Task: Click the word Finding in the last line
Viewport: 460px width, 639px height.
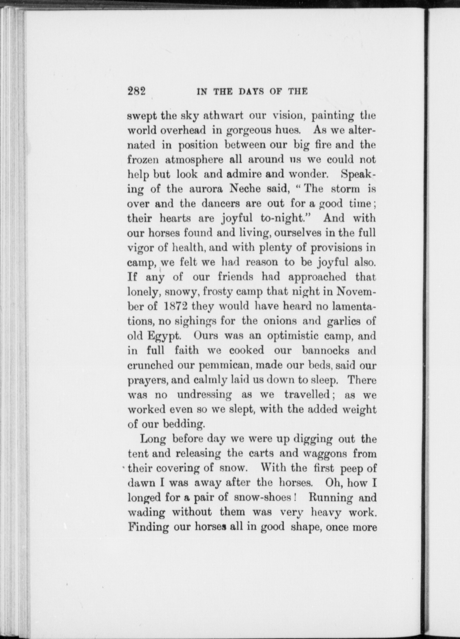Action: click(147, 527)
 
